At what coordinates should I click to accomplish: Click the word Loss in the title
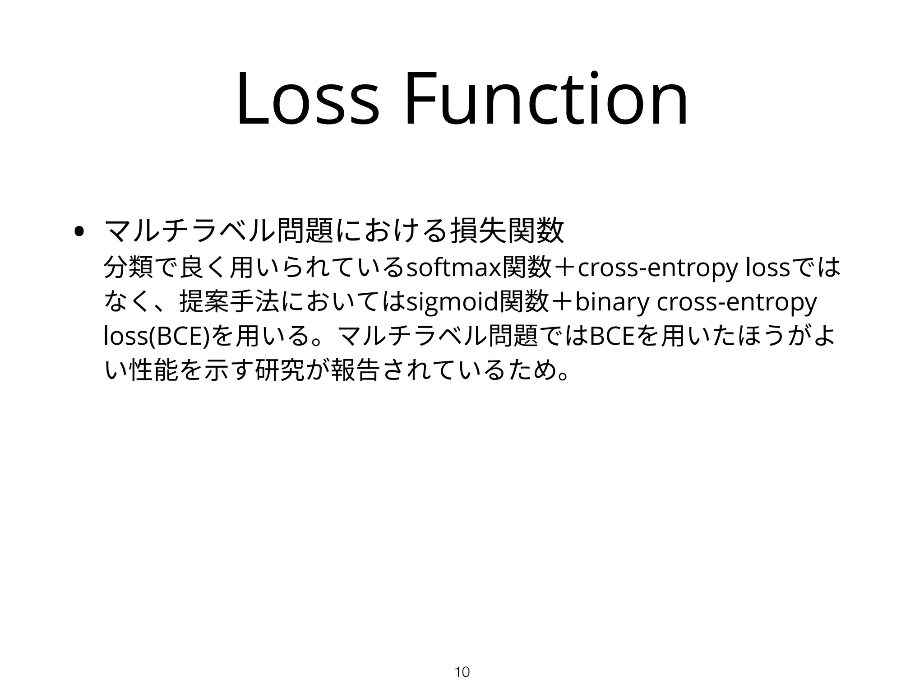tap(307, 99)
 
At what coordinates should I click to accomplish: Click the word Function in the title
tap(545, 99)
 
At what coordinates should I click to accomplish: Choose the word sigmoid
tap(451, 302)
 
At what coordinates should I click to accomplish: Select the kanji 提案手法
tap(230, 301)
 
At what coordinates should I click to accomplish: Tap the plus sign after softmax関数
tap(564, 268)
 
